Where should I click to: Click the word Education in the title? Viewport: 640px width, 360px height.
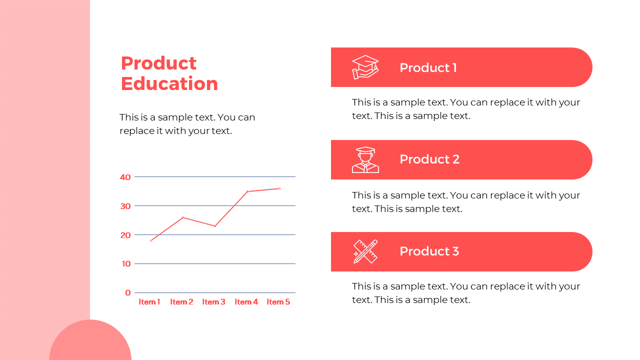[169, 83]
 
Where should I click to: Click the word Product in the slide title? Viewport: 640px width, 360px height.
[159, 63]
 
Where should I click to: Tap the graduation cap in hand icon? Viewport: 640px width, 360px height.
[365, 67]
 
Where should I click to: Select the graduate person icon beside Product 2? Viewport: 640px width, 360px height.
[365, 159]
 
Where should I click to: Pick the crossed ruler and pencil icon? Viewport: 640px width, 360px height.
[365, 251]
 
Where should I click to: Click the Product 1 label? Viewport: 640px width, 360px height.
[428, 67]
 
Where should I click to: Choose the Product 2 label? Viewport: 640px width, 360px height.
[429, 159]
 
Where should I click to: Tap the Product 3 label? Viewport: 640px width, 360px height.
[429, 251]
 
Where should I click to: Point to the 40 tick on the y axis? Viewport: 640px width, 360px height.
[125, 177]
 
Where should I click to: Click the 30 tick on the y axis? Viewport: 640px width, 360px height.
[125, 206]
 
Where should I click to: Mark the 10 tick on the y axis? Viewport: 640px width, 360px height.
[126, 263]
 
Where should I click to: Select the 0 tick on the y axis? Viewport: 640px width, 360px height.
[127, 292]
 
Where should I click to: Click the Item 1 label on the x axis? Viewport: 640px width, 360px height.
[149, 301]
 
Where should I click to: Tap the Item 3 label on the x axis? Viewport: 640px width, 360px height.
[213, 301]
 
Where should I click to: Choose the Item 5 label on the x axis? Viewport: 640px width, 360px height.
[278, 301]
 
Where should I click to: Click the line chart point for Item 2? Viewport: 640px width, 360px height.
[183, 217]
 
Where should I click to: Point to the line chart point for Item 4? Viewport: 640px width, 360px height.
[247, 191]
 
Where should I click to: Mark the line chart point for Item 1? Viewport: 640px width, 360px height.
[151, 240]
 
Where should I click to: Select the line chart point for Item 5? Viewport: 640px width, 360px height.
[279, 188]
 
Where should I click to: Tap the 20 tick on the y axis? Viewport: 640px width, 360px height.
[125, 235]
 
